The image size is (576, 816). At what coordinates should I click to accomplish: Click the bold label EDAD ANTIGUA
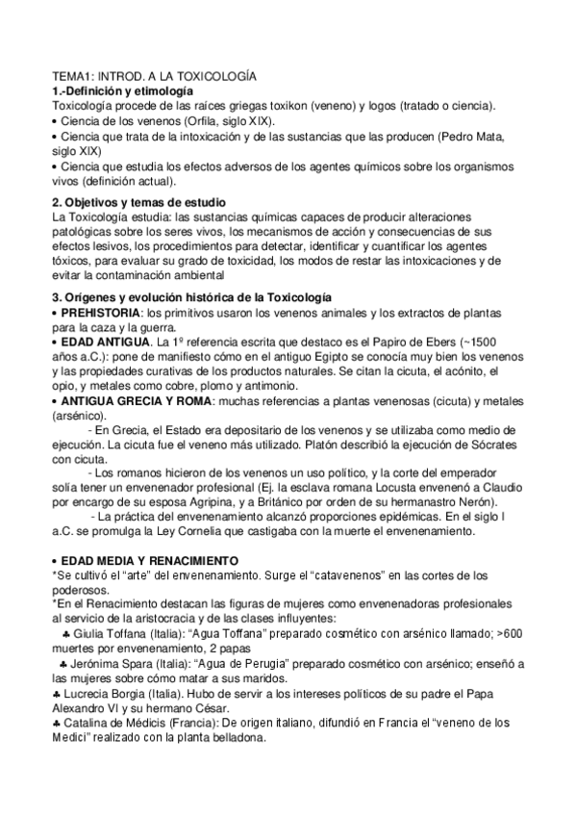pos(104,344)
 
